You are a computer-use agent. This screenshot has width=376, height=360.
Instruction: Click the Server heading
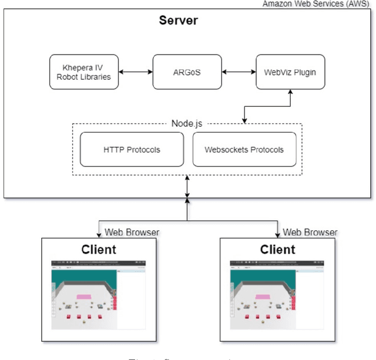179,21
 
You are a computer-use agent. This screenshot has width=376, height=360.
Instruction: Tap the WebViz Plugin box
290,72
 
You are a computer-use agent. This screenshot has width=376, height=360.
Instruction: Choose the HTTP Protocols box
132,149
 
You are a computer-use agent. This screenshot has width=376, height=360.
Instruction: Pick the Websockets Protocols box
244,149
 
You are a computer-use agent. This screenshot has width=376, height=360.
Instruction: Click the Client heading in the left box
99,249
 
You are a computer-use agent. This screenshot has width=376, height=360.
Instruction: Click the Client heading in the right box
277,249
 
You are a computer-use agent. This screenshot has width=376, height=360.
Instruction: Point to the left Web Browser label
131,233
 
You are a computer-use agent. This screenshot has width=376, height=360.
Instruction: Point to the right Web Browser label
310,233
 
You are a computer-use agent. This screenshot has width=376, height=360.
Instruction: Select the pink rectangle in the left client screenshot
83,297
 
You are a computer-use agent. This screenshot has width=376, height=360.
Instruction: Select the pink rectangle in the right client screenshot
262,297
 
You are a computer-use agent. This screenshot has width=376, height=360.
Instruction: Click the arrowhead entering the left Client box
99,234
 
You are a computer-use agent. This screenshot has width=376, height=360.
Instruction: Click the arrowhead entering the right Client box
277,234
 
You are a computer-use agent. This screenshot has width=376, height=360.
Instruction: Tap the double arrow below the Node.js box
187,187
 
